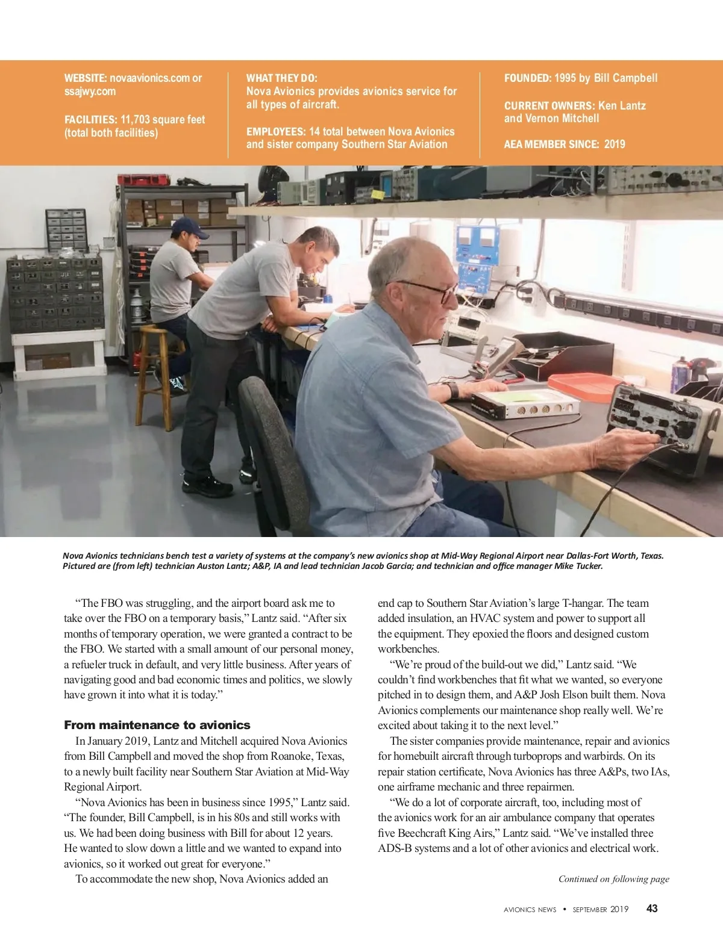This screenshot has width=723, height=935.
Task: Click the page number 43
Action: click(652, 909)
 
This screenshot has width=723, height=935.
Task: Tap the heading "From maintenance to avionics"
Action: click(157, 725)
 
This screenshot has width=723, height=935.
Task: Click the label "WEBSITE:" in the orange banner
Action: click(86, 78)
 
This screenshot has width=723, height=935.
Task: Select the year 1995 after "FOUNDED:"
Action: click(565, 78)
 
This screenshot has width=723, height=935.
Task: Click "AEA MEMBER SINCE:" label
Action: click(551, 144)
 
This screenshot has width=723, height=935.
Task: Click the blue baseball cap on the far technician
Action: click(188, 226)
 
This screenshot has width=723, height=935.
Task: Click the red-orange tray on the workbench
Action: click(583, 387)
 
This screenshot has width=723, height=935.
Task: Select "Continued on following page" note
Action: click(613, 879)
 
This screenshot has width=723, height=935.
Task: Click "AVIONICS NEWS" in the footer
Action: click(530, 910)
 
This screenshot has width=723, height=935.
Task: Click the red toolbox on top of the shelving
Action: click(139, 179)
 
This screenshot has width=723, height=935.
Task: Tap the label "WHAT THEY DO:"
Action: click(281, 78)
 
